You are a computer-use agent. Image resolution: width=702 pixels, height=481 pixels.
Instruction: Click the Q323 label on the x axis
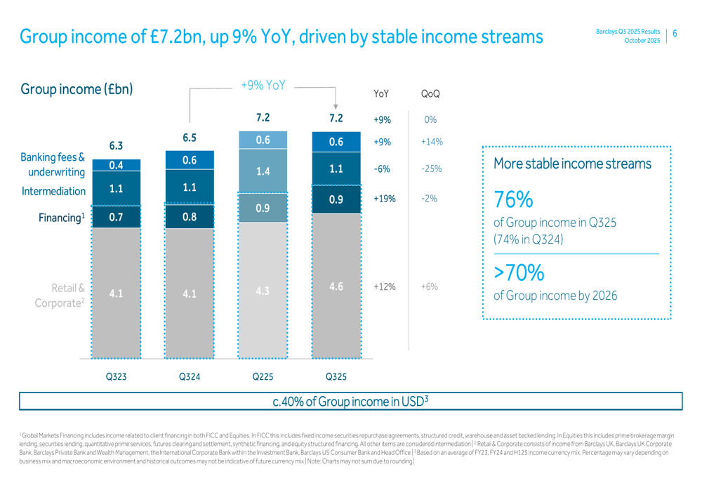(116, 377)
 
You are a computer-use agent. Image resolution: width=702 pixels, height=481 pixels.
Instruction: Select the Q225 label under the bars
(263, 377)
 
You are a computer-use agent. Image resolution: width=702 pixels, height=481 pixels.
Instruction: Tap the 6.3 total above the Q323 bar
(116, 146)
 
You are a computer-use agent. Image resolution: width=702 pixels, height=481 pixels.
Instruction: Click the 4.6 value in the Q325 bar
(336, 286)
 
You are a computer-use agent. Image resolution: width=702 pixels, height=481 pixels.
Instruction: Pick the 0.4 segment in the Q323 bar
(116, 165)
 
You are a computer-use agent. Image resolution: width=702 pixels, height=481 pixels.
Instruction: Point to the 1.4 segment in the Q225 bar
(263, 171)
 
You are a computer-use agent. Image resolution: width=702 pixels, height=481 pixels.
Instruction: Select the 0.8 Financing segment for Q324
(190, 217)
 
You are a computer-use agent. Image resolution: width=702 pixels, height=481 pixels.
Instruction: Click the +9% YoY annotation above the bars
(263, 85)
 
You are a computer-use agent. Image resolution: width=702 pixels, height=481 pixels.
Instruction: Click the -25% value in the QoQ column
(431, 169)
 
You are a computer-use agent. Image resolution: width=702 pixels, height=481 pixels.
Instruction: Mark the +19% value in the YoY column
(384, 199)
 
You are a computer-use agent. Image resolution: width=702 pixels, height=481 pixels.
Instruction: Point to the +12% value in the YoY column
(384, 287)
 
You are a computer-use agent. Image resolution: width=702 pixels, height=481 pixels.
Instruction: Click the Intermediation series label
(54, 191)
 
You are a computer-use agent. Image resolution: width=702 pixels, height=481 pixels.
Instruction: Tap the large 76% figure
(513, 200)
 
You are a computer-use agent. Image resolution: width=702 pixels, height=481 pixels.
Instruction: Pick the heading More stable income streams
(572, 164)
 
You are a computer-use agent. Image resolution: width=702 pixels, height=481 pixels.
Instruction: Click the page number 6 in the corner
(675, 33)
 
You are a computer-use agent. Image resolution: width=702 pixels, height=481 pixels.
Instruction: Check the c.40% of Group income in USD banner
(350, 401)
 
